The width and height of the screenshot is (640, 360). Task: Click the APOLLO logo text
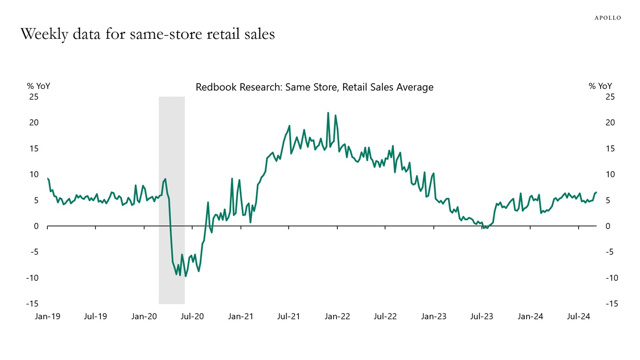coord(608,18)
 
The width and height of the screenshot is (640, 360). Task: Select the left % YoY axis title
coord(38,86)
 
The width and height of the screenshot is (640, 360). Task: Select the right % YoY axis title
coord(600,86)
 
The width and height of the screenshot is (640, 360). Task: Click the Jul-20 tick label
coord(192,316)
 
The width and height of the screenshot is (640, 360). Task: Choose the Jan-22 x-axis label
coord(337,316)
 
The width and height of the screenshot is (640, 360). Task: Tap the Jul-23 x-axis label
coord(482,316)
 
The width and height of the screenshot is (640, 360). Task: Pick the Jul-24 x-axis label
coord(579,316)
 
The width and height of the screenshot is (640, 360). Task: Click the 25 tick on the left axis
coord(34,97)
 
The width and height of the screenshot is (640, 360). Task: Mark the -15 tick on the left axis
coord(32,304)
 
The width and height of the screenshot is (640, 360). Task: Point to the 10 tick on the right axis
coord(610,174)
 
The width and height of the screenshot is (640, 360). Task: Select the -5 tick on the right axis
coord(610,252)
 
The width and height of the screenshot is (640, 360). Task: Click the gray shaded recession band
coord(171,141)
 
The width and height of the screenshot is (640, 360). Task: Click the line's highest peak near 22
coord(328,112)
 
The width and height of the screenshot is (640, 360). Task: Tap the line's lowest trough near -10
coord(186,276)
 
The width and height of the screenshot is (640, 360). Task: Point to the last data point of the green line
coord(596,192)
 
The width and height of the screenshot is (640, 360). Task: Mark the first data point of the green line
coord(48,178)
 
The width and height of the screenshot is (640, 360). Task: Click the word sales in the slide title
coord(257,34)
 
